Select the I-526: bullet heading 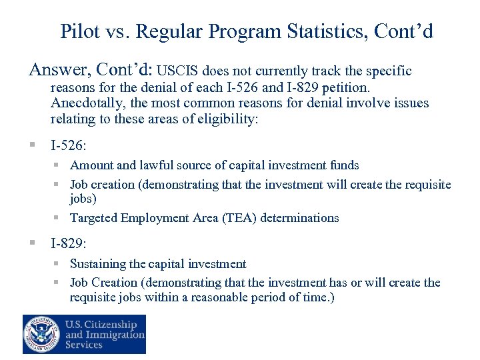pyautogui.click(x=68, y=143)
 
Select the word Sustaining pyautogui.click(x=97, y=264)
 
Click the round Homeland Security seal pyautogui.click(x=41, y=334)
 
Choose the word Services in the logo pyautogui.click(x=84, y=345)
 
